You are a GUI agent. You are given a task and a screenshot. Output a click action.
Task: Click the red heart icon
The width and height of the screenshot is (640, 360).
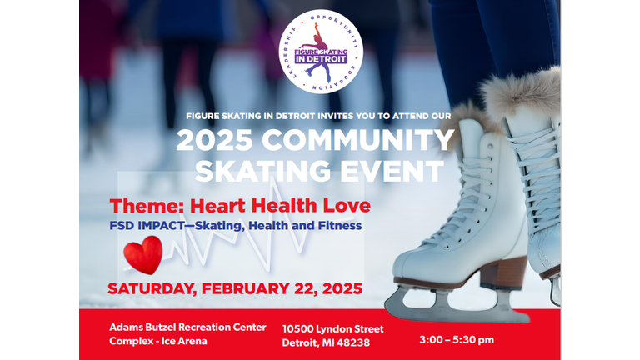(143, 255)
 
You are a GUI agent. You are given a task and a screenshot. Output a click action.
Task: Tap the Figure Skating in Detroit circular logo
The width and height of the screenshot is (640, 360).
(321, 52)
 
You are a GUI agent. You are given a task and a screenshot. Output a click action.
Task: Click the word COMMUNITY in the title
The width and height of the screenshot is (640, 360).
(358, 140)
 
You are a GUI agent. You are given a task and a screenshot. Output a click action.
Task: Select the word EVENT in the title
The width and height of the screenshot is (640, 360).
(392, 171)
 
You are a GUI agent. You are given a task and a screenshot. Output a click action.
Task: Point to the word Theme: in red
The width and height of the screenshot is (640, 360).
(147, 206)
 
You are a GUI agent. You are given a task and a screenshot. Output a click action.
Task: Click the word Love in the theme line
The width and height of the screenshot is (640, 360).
(347, 205)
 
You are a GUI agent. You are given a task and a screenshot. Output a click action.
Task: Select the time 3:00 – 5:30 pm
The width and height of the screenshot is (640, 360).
(457, 340)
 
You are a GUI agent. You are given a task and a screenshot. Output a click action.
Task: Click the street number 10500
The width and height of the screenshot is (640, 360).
(297, 329)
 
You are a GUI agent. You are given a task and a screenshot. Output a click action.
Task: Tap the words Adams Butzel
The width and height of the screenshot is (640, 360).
(142, 327)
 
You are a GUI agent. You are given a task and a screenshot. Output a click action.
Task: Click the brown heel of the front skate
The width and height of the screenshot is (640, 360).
(503, 273)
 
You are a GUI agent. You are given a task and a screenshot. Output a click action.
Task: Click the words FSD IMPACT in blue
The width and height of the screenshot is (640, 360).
(147, 226)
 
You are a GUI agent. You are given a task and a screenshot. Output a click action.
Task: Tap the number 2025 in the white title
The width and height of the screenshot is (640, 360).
(215, 140)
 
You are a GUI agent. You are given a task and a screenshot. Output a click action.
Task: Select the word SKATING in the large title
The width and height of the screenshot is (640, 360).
(262, 171)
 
